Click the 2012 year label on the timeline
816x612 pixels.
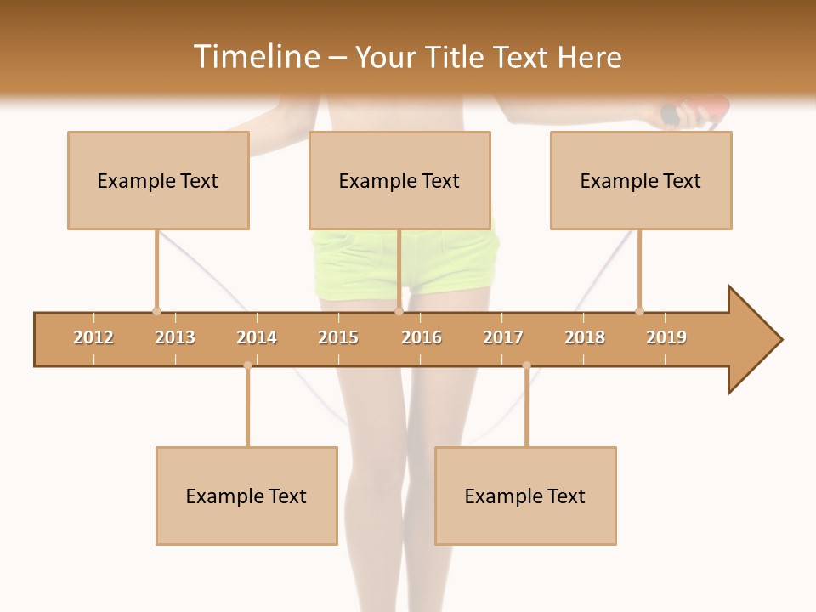(93, 337)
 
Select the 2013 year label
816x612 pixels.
(175, 337)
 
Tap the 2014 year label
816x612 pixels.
(257, 337)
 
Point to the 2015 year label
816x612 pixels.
(338, 337)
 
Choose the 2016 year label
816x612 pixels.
(422, 337)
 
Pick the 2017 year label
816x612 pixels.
(503, 337)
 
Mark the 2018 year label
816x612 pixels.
(585, 337)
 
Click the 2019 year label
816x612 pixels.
(666, 337)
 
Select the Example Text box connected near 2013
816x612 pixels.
(158, 180)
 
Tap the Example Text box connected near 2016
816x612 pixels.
(399, 180)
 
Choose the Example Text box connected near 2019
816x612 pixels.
(641, 180)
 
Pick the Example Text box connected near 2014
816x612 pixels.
(246, 496)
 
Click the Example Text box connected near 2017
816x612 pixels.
(525, 496)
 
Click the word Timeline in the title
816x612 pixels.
(255, 57)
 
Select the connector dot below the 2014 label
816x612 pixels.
(247, 365)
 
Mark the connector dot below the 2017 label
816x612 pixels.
(526, 365)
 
